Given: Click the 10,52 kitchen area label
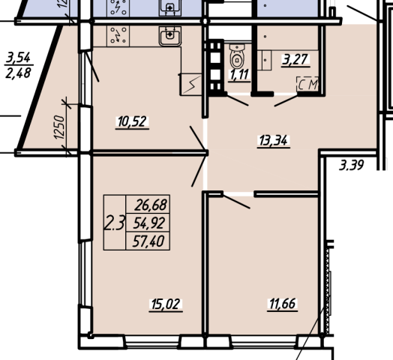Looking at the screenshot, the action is click(132, 121).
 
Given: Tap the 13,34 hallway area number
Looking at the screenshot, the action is click(274, 141).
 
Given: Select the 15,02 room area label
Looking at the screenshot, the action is click(166, 304).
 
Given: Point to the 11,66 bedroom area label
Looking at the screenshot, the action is click(283, 304).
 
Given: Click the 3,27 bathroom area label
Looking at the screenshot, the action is click(295, 60).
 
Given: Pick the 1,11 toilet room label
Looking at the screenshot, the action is click(239, 74).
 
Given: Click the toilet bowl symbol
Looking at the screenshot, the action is click(237, 55).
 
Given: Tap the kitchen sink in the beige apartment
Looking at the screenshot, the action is click(170, 36).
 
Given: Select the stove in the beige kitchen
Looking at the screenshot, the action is click(118, 36).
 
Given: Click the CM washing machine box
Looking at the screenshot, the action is click(307, 84).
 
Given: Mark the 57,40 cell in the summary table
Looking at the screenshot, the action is click(148, 241).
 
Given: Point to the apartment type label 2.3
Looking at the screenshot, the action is click(114, 223).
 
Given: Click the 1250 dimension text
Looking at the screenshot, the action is click(59, 127).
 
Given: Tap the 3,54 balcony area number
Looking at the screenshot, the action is click(18, 58).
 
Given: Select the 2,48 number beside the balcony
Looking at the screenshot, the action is click(18, 73).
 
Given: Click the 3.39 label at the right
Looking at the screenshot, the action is click(352, 165).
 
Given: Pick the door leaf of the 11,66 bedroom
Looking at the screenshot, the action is click(236, 201).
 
